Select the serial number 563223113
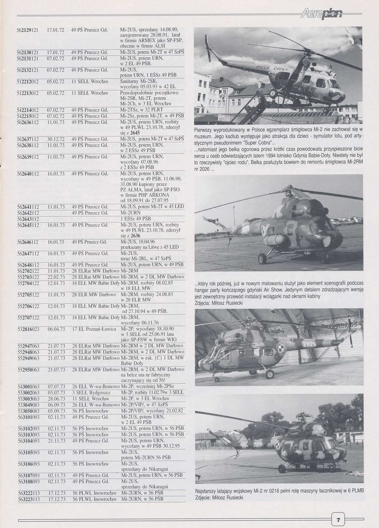point(28,499)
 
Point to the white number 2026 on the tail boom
point(309,344)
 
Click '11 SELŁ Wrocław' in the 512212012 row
point(90,81)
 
